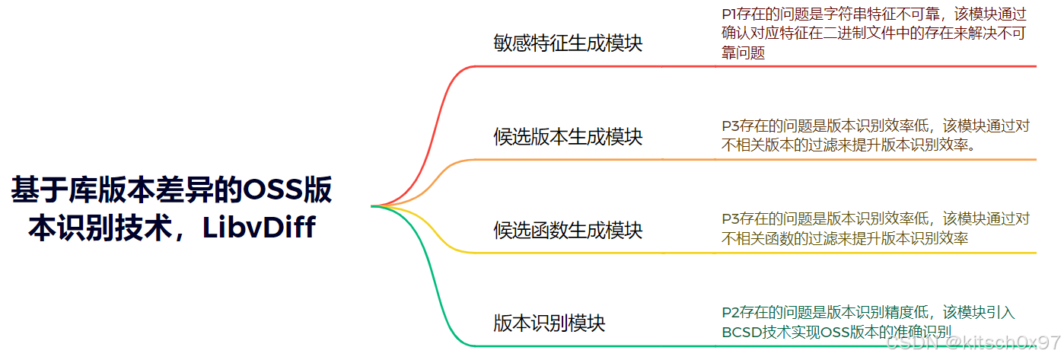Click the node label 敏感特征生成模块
click(568, 43)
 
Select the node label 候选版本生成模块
click(568, 137)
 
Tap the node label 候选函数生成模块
click(568, 230)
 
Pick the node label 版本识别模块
click(550, 323)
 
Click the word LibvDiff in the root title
click(259, 228)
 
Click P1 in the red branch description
click(729, 14)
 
